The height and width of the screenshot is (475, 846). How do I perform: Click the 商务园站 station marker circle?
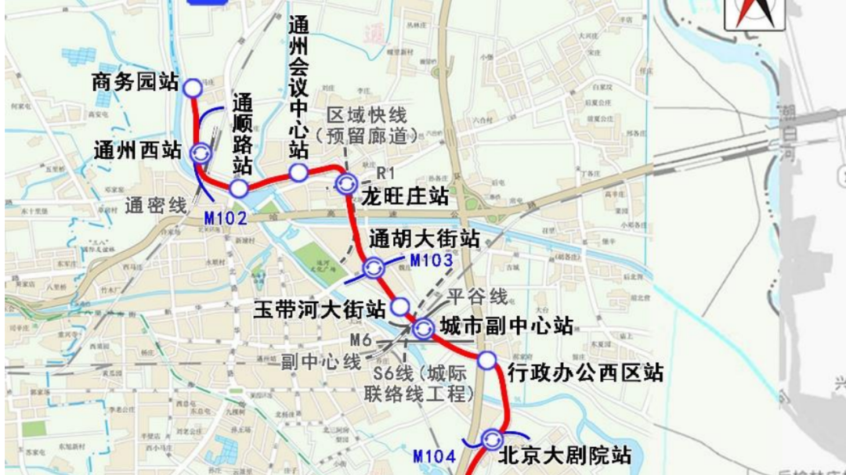click(193, 88)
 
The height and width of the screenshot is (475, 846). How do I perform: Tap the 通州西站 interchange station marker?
click(201, 153)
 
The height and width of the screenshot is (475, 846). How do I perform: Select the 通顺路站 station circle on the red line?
click(239, 188)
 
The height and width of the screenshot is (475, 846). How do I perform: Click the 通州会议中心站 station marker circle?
click(298, 173)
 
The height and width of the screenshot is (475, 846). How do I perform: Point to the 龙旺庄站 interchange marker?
click(345, 185)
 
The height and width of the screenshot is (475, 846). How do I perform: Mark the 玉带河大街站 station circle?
click(399, 307)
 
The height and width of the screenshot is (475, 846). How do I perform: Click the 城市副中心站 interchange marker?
click(424, 329)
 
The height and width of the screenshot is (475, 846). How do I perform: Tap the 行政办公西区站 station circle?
click(487, 361)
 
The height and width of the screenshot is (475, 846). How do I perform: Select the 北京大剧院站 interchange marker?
click(493, 440)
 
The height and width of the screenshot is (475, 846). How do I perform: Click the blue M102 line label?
click(225, 218)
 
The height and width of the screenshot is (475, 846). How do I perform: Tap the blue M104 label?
click(434, 455)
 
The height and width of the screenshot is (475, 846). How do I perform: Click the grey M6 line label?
click(360, 340)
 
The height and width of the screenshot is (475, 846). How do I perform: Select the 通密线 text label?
click(156, 205)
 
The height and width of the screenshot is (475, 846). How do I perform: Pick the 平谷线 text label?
click(478, 297)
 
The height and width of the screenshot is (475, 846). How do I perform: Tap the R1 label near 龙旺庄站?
click(385, 171)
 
